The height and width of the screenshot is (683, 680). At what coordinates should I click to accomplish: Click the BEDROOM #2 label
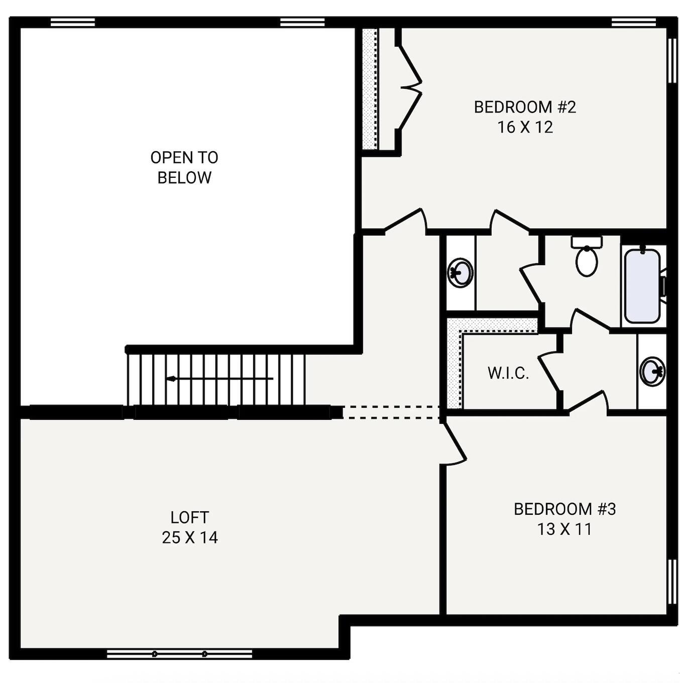click(525, 107)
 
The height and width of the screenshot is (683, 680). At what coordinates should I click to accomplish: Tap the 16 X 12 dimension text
click(525, 127)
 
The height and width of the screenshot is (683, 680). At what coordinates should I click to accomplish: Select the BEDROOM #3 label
click(564, 509)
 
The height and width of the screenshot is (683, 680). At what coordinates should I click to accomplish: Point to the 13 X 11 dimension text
click(564, 529)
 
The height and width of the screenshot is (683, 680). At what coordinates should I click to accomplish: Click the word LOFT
click(189, 517)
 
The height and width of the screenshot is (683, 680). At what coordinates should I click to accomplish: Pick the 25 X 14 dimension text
click(189, 538)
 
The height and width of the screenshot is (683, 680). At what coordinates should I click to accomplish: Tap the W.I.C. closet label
click(508, 373)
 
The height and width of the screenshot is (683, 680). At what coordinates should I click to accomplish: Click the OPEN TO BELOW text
click(184, 167)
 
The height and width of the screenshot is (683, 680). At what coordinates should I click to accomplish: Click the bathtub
click(642, 286)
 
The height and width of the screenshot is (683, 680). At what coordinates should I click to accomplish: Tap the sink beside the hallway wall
click(460, 273)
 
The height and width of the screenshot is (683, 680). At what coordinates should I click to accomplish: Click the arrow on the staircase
click(172, 379)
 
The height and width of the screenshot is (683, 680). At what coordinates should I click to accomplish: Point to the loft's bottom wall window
click(179, 653)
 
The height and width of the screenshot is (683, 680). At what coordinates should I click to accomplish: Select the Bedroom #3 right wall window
click(671, 582)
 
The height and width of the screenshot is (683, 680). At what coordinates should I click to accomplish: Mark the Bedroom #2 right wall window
click(671, 60)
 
